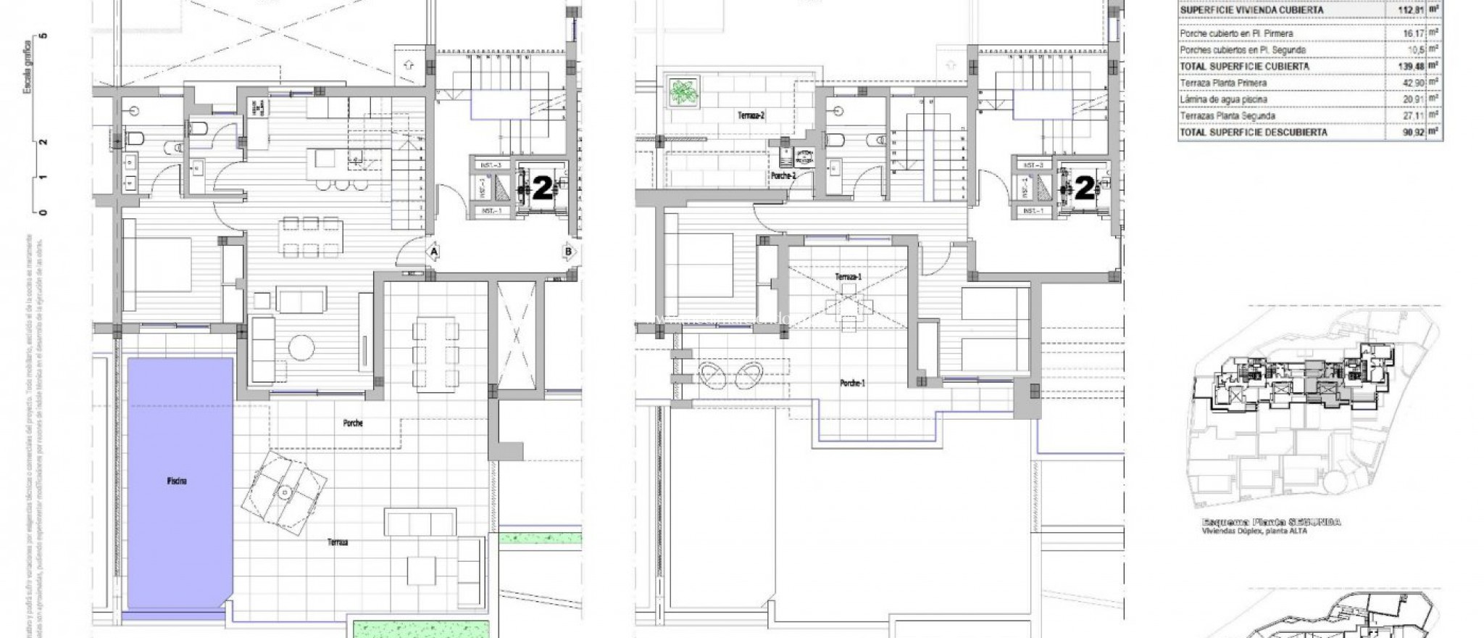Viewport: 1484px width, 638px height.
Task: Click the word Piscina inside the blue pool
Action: point(176,481)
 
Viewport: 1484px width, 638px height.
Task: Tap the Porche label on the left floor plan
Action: point(353,423)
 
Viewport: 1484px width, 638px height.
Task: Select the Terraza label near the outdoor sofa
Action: point(337,542)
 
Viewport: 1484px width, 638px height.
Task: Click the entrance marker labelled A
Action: point(434,252)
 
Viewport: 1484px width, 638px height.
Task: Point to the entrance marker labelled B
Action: point(568,252)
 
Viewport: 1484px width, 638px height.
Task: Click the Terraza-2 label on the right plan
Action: point(751,115)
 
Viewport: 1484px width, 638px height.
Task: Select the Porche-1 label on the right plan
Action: point(853,384)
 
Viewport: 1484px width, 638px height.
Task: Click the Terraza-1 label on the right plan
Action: point(848,277)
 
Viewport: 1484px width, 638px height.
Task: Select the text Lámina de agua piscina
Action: point(1223,99)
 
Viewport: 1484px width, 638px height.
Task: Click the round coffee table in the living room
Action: point(301,347)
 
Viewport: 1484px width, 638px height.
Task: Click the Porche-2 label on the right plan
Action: point(784,176)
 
